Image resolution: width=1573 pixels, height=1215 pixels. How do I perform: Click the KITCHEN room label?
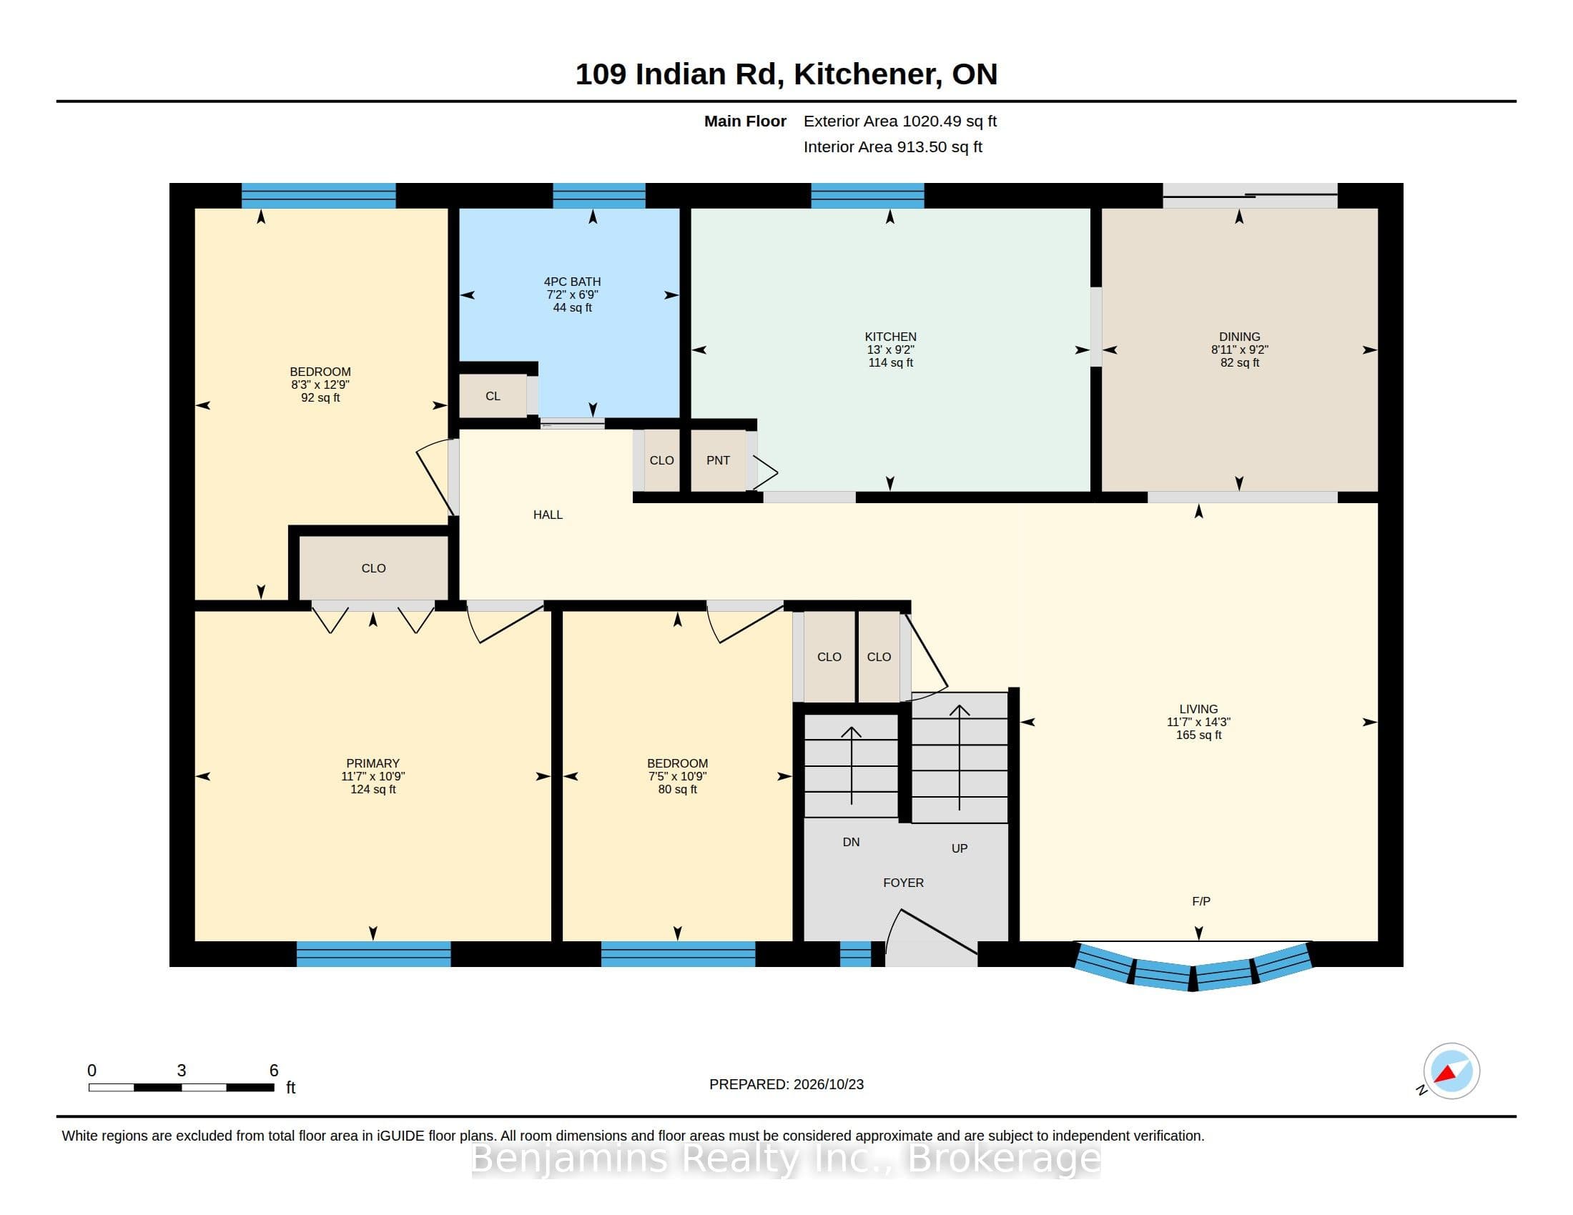(x=890, y=336)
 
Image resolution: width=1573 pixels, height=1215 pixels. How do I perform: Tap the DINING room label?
(x=1239, y=336)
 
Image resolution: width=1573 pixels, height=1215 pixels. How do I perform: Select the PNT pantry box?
(x=718, y=461)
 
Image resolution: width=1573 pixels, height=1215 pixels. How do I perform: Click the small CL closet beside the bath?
(x=493, y=396)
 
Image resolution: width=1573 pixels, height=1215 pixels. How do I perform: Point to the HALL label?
(x=548, y=515)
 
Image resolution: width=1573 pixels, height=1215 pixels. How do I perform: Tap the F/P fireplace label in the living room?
(x=1200, y=901)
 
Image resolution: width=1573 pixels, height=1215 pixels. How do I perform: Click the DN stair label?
(x=851, y=842)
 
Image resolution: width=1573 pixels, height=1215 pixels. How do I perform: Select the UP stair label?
(x=959, y=848)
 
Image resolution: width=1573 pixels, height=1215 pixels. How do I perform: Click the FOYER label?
(x=903, y=883)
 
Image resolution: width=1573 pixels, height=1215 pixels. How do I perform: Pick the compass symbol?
(x=1451, y=1071)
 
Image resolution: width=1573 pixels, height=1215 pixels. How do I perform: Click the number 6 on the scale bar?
(x=274, y=1071)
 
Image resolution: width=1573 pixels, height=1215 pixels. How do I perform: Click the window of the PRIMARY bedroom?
(x=374, y=953)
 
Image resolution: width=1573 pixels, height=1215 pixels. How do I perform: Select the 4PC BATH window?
(x=599, y=196)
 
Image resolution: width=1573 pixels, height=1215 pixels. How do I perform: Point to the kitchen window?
(x=867, y=196)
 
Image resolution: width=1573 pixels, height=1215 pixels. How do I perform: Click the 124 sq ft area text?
(x=373, y=790)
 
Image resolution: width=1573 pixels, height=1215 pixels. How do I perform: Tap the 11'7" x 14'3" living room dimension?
(x=1198, y=722)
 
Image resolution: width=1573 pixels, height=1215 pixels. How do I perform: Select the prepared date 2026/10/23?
(x=828, y=1084)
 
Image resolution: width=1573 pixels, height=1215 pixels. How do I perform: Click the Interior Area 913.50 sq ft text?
(x=893, y=147)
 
